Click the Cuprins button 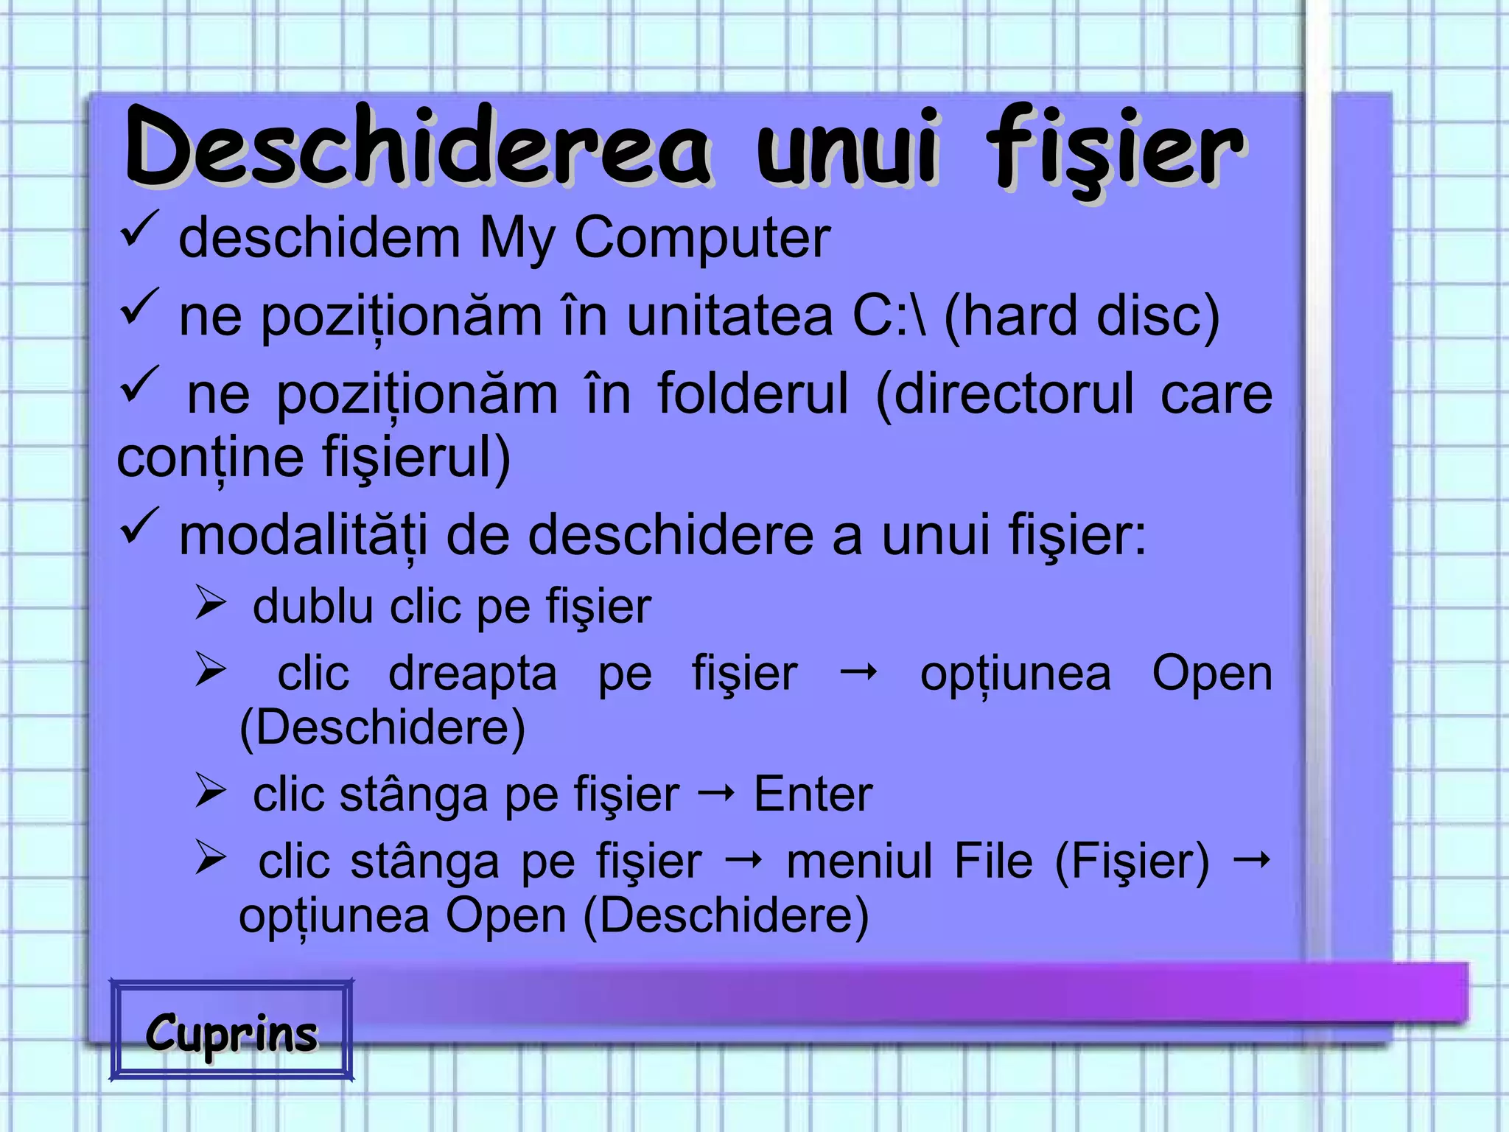pos(231,1032)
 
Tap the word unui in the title pos(847,147)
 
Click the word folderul pos(752,394)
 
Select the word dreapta pos(472,674)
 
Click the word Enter pos(813,794)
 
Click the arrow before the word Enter pos(716,793)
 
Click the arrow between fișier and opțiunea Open pos(858,671)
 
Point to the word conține pos(210,458)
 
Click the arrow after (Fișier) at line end pos(1252,859)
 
